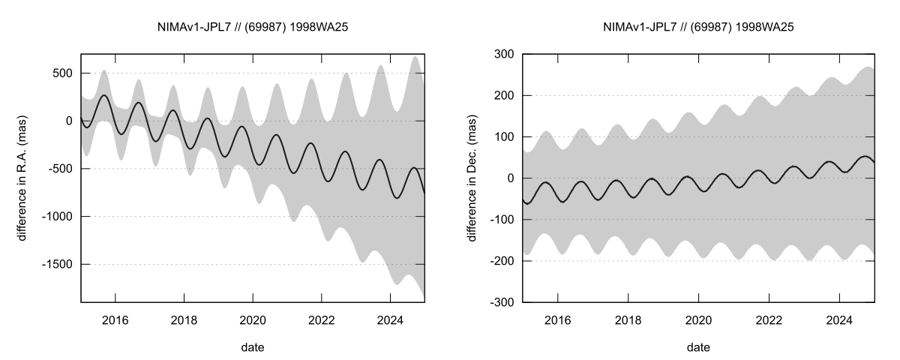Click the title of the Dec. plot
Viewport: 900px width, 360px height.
698,28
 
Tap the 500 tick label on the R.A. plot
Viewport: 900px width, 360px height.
61,73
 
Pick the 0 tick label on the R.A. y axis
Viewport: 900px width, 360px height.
70,121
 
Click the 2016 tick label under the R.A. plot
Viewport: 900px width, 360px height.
115,318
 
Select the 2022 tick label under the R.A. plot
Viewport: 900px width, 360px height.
322,318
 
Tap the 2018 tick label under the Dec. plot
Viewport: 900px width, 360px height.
628,318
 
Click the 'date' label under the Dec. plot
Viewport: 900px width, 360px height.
698,347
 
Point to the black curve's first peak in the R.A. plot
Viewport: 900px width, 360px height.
104,95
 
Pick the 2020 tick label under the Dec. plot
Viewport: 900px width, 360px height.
698,318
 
